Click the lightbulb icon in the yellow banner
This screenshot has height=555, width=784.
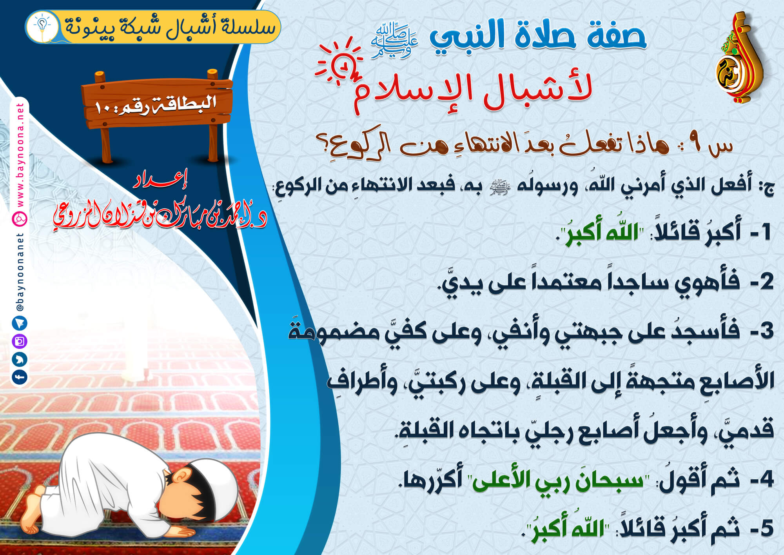42,26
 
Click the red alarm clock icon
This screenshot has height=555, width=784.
339,62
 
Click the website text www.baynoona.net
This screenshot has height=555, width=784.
20,155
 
